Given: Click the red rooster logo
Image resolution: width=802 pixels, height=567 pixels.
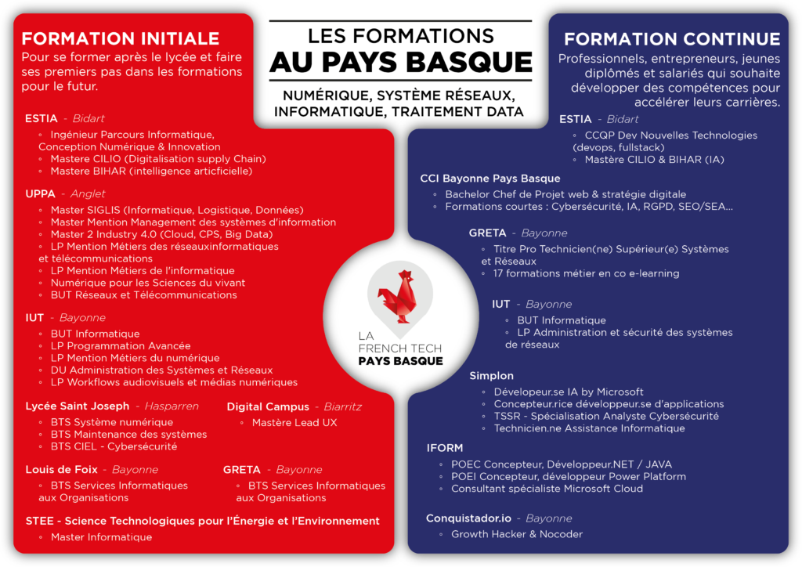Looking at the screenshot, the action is (x=399, y=297).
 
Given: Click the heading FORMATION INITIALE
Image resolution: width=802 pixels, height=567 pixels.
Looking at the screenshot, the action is (x=120, y=39).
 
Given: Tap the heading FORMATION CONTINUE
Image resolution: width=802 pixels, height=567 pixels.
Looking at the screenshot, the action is (x=672, y=39).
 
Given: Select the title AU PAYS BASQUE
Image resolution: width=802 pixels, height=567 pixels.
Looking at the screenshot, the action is (x=401, y=63).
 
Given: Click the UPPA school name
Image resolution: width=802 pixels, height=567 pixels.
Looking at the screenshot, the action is (x=41, y=193).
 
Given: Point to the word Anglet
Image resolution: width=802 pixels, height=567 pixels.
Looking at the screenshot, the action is (x=88, y=193).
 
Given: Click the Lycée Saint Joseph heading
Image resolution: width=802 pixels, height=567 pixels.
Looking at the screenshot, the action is (x=78, y=406).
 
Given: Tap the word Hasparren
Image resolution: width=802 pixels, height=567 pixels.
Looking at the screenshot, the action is (x=172, y=406).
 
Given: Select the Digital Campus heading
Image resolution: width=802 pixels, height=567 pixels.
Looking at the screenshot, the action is (x=268, y=407).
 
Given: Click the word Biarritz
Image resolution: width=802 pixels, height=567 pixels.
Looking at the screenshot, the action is (x=343, y=407).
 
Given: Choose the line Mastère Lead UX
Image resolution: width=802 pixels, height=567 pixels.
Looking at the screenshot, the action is (x=294, y=423).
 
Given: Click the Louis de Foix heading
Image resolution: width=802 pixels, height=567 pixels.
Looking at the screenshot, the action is (x=61, y=469).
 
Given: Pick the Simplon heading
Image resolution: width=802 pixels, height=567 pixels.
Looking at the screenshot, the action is (x=492, y=376).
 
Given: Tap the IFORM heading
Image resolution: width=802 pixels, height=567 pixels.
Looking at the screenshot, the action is (x=445, y=448).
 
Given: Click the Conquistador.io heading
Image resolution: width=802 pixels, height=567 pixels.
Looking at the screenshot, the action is (x=468, y=518).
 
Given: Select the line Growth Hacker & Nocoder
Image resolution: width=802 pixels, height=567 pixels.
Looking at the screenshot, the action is (x=517, y=534).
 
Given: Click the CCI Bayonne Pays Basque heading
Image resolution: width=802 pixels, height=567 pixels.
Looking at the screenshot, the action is (x=490, y=179).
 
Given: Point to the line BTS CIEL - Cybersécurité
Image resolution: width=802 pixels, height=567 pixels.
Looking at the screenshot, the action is (x=114, y=446).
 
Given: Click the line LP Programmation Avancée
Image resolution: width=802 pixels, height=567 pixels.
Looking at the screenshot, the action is (x=120, y=346).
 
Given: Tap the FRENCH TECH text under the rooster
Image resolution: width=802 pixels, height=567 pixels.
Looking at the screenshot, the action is (x=400, y=349).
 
